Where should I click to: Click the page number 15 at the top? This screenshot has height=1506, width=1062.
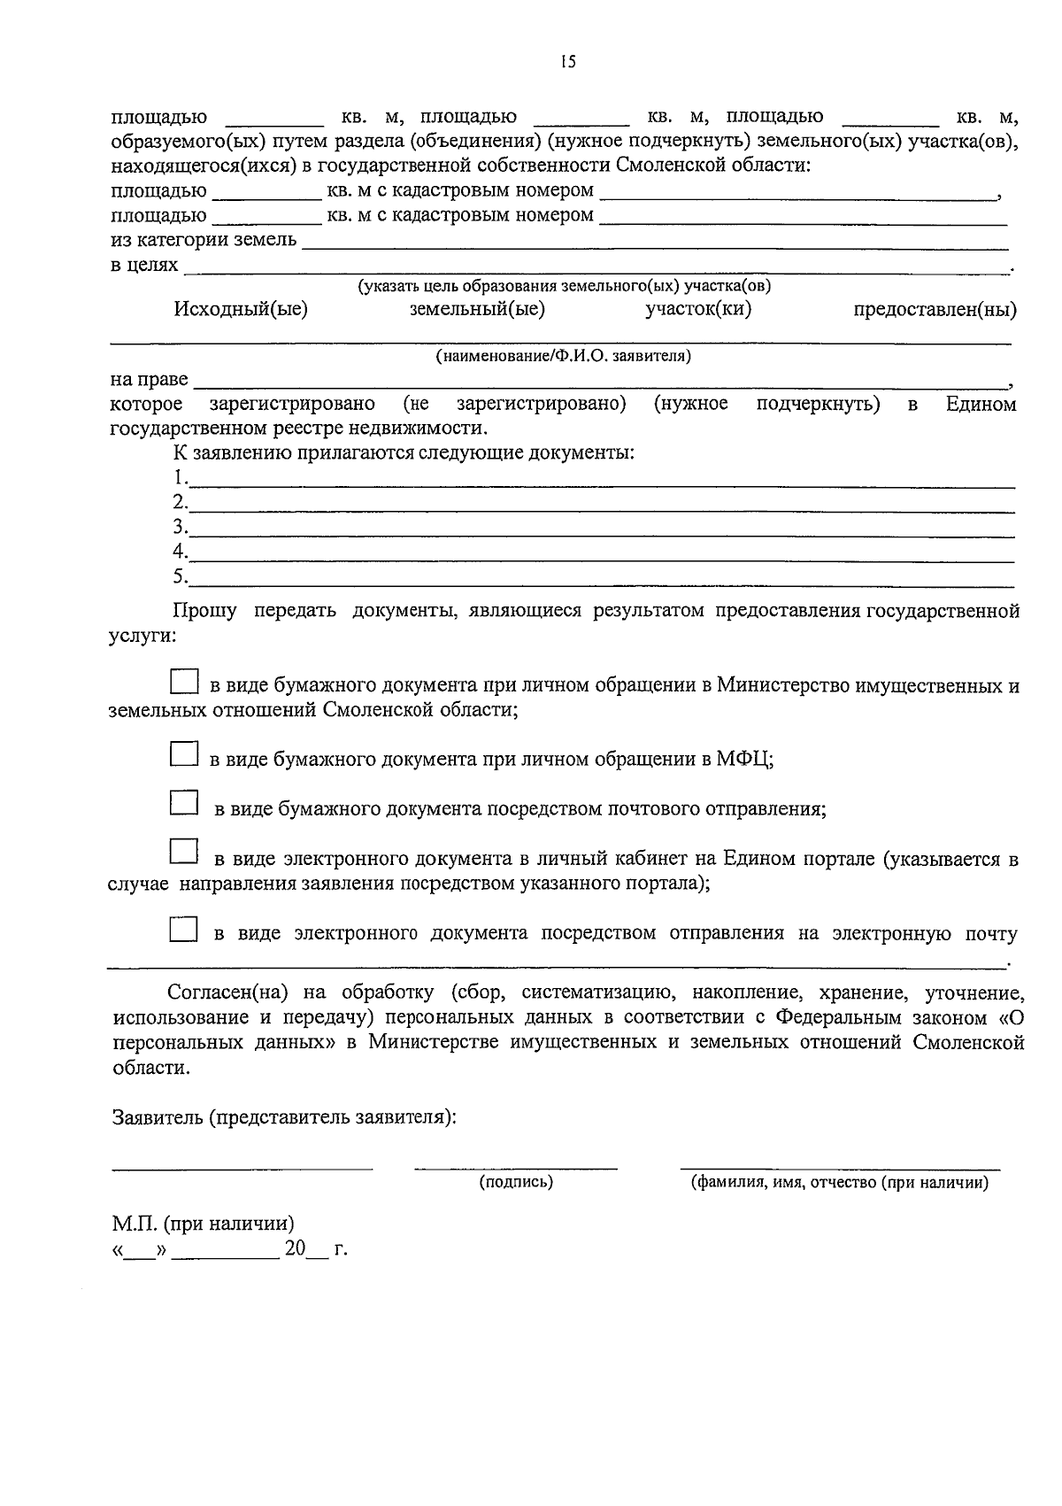tap(567, 61)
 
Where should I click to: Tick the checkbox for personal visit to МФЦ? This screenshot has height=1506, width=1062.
tap(183, 754)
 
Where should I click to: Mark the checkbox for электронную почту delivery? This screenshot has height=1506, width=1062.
tap(183, 929)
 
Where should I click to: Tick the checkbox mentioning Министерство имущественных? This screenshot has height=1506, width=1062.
tap(183, 681)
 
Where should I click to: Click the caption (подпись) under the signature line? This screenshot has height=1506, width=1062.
tap(516, 1182)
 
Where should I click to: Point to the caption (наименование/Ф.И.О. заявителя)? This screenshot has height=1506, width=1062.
tap(563, 356)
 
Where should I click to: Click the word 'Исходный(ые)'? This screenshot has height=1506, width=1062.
tap(241, 310)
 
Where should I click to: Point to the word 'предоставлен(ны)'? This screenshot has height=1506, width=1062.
tap(935, 310)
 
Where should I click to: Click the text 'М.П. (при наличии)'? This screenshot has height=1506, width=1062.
tap(203, 1224)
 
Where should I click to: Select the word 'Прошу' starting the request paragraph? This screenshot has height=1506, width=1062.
tap(204, 611)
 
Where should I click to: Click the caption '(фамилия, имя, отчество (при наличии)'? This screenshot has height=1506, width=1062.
tap(839, 1182)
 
